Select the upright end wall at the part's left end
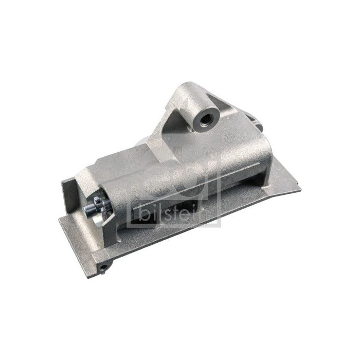pyautogui.click(x=69, y=193)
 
